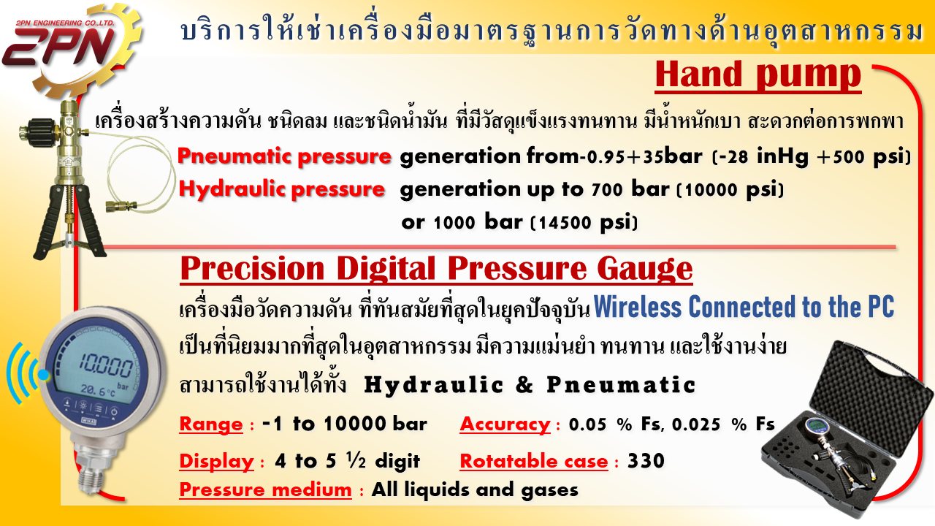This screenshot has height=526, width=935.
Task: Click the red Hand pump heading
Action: [x=758, y=75]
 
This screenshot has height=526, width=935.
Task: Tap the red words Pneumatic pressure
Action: [x=284, y=156]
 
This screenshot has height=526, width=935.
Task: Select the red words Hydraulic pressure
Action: [x=282, y=190]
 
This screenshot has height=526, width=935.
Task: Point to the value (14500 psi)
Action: [x=584, y=222]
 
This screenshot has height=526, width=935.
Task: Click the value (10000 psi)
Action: [x=730, y=189]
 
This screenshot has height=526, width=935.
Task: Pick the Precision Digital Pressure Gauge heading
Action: [x=436, y=268]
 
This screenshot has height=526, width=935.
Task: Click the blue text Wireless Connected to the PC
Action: [x=744, y=307]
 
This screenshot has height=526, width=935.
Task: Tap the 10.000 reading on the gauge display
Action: [x=106, y=367]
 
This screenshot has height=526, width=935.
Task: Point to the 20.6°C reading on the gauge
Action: [x=98, y=391]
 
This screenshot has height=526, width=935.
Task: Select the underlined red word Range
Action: [x=211, y=424]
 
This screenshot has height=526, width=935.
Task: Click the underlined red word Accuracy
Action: [x=505, y=424]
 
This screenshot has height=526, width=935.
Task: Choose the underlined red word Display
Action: [x=216, y=462]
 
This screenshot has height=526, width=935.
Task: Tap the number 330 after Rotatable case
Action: [x=646, y=461]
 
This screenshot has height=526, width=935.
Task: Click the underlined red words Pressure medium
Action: [x=265, y=489]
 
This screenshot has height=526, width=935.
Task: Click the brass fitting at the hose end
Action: [x=122, y=206]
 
